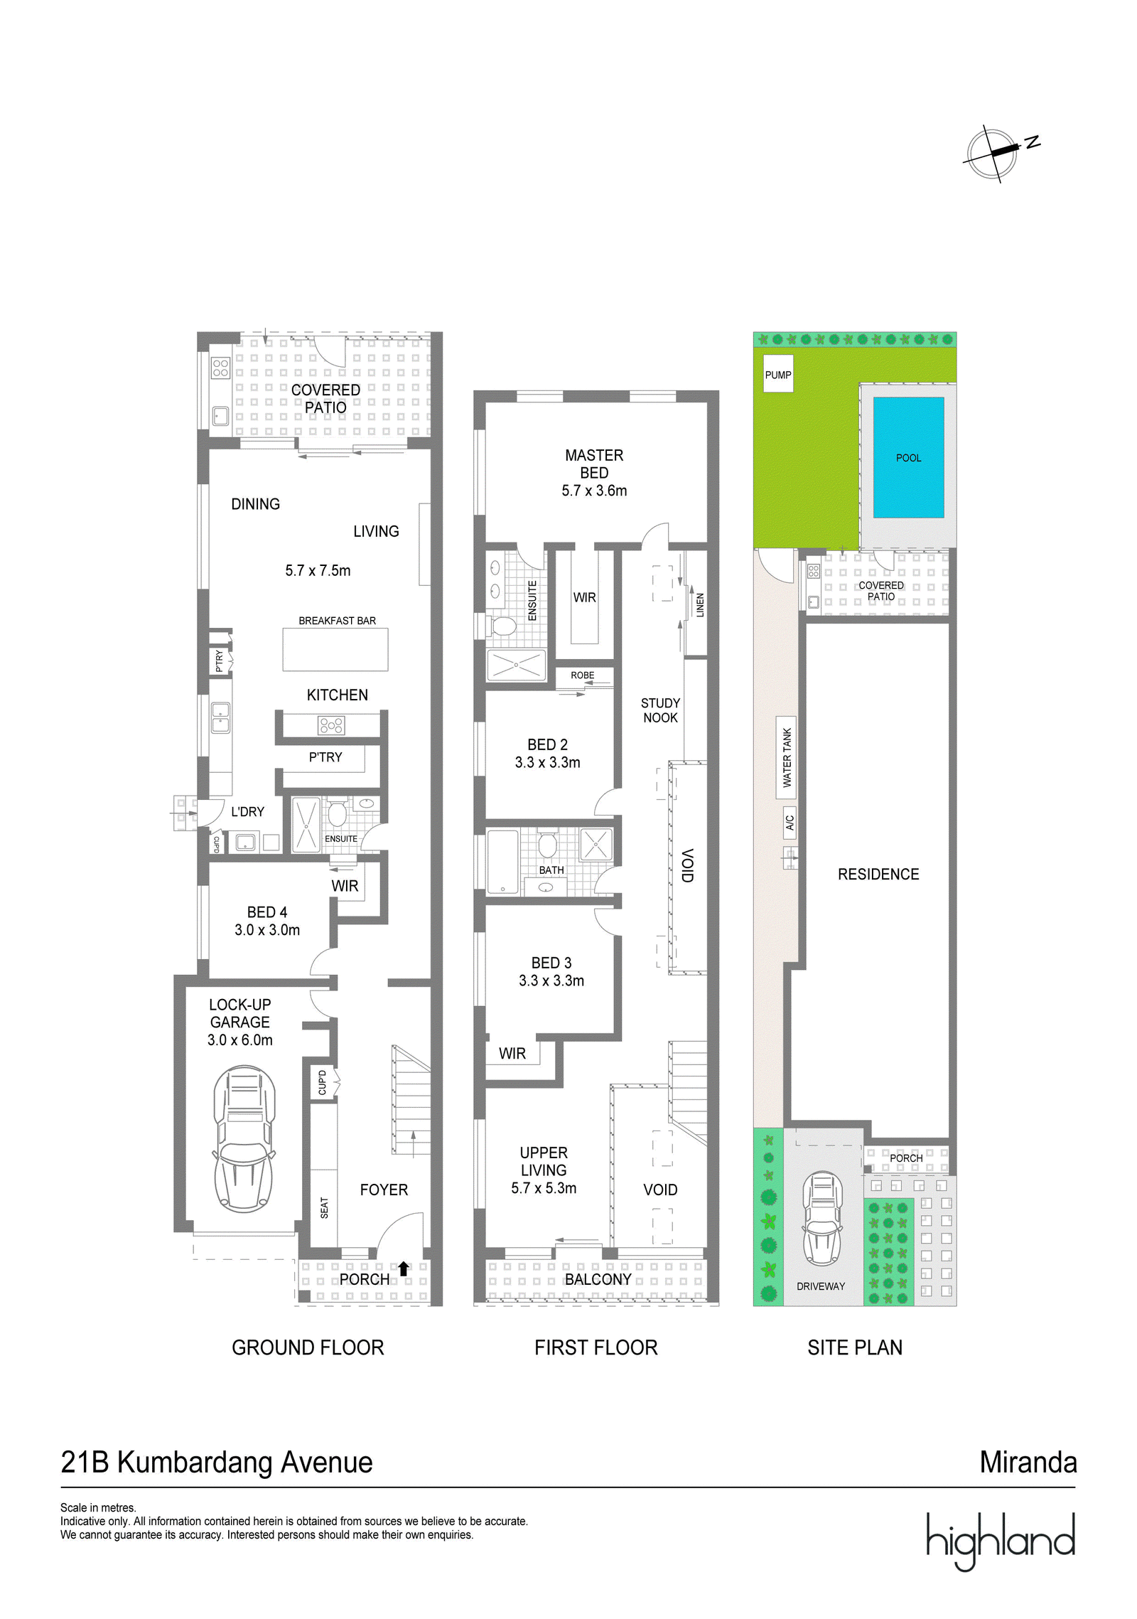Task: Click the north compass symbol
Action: pyautogui.click(x=994, y=154)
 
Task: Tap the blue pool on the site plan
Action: pyautogui.click(x=907, y=457)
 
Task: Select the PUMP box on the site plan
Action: pyautogui.click(x=778, y=374)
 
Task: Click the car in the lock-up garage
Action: pyautogui.click(x=244, y=1138)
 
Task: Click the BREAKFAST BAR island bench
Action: pyautogui.click(x=335, y=649)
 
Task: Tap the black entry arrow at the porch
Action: pyautogui.click(x=403, y=1268)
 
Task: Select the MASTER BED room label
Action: pyautogui.click(x=594, y=464)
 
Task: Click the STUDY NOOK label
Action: pyautogui.click(x=660, y=710)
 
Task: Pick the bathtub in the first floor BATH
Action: pyautogui.click(x=503, y=861)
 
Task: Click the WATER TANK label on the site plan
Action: pyautogui.click(x=787, y=757)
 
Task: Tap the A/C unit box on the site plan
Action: pyautogui.click(x=790, y=823)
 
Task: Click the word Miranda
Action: pyautogui.click(x=1028, y=1462)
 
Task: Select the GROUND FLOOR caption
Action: pyautogui.click(x=308, y=1347)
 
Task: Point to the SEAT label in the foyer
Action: pyautogui.click(x=324, y=1208)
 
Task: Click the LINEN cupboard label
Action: pyautogui.click(x=700, y=605)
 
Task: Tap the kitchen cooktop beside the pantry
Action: pyautogui.click(x=331, y=725)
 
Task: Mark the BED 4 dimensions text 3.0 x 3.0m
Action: pyautogui.click(x=267, y=930)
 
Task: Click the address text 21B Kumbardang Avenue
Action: pyautogui.click(x=217, y=1463)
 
